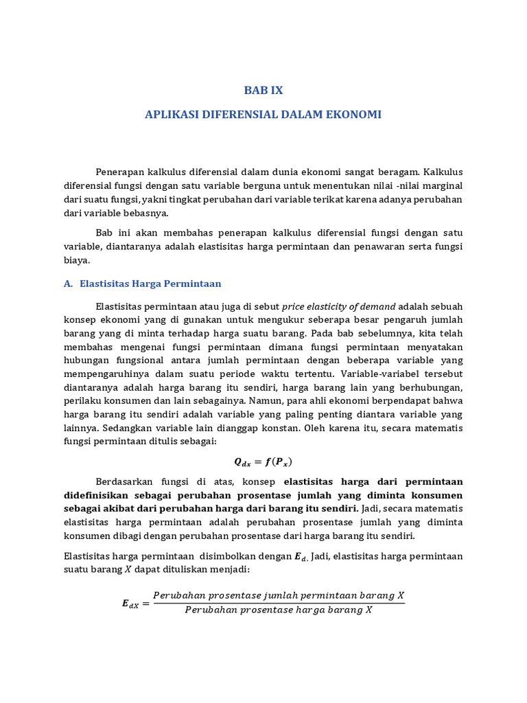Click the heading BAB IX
(263, 90)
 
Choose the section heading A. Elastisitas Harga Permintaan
(143, 283)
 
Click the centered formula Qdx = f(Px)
(263, 461)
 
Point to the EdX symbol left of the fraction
(131, 603)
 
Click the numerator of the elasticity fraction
(279, 595)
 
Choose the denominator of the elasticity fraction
(279, 610)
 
